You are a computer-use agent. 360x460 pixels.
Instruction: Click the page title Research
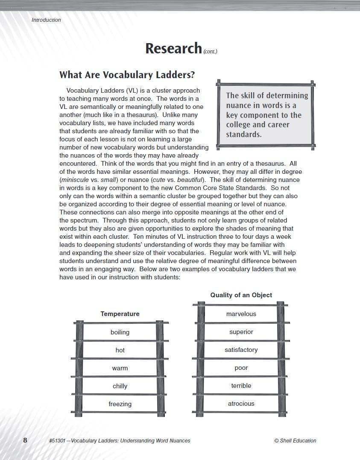pyautogui.click(x=173, y=48)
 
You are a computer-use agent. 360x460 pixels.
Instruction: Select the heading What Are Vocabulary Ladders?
pyautogui.click(x=127, y=75)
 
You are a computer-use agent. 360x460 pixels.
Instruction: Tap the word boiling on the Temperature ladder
pyautogui.click(x=120, y=332)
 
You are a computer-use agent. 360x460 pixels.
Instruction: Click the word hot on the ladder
pyautogui.click(x=120, y=350)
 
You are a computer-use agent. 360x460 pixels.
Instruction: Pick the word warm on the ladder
pyautogui.click(x=120, y=368)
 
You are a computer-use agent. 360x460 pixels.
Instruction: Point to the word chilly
pyautogui.click(x=120, y=386)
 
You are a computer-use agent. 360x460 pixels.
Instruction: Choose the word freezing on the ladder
pyautogui.click(x=120, y=404)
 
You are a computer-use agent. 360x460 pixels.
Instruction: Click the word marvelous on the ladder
pyautogui.click(x=241, y=314)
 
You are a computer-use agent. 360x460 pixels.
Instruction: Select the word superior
pyautogui.click(x=241, y=332)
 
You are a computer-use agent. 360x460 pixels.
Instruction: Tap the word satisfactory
pyautogui.click(x=241, y=350)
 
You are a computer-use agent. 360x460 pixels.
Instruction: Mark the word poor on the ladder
pyautogui.click(x=241, y=368)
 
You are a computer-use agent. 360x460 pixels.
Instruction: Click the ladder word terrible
pyautogui.click(x=241, y=386)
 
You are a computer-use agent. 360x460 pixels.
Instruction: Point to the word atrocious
pyautogui.click(x=241, y=404)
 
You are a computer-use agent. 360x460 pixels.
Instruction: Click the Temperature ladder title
pyautogui.click(x=120, y=314)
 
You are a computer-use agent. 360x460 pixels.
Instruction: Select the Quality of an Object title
pyautogui.click(x=241, y=295)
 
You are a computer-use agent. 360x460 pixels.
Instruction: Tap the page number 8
pyautogui.click(x=25, y=440)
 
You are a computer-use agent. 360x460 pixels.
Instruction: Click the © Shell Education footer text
pyautogui.click(x=295, y=441)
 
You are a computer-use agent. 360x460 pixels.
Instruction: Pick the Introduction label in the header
pyautogui.click(x=46, y=20)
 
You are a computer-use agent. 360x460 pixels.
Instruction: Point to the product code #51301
pyautogui.click(x=58, y=441)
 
